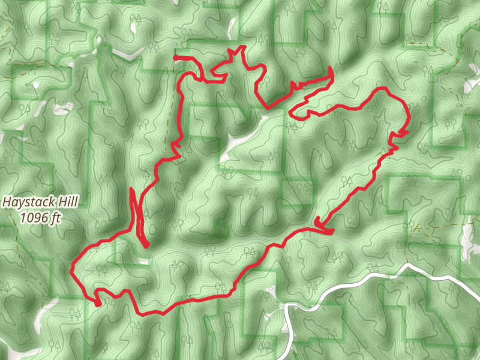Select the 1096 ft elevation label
point(40,218)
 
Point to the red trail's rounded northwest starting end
point(175,58)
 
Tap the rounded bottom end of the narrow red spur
point(146,245)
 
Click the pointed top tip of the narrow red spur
point(131,190)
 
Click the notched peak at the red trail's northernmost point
point(242,48)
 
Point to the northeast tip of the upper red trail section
point(331,70)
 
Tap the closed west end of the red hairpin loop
point(291,111)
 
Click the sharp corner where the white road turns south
point(289,307)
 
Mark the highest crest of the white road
point(408,265)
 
